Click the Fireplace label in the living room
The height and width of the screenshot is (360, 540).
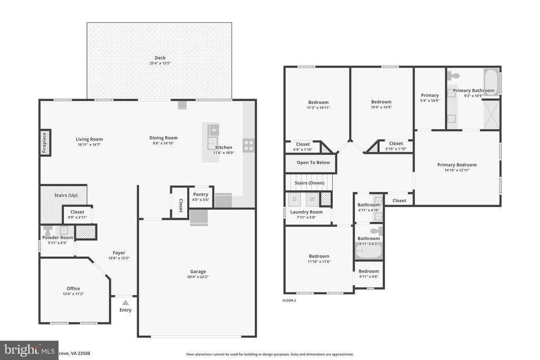(x=45, y=142)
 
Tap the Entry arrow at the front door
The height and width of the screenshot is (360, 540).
(x=125, y=303)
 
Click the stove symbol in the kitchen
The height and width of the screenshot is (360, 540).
(x=248, y=145)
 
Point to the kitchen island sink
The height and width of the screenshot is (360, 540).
(x=212, y=130)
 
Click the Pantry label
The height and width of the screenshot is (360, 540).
(x=200, y=194)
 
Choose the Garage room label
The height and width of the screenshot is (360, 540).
(x=198, y=271)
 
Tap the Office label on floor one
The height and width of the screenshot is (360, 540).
(x=73, y=288)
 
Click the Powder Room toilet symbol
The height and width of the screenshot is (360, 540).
(x=48, y=231)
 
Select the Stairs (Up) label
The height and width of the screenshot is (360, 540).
(x=66, y=195)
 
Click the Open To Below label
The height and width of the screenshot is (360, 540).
(x=313, y=163)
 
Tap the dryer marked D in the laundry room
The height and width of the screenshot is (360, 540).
(x=295, y=199)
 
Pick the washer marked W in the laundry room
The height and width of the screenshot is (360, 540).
(x=312, y=199)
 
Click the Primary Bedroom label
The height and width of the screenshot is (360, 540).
(x=457, y=165)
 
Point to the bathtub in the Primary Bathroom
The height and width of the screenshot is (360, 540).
(x=491, y=82)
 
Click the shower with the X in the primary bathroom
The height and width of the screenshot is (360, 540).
(x=491, y=114)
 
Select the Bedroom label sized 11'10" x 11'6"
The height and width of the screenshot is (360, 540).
(x=319, y=256)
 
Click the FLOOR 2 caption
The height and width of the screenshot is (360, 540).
(x=290, y=300)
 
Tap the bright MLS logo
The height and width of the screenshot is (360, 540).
(x=29, y=350)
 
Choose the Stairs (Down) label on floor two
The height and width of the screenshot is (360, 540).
(x=309, y=183)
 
